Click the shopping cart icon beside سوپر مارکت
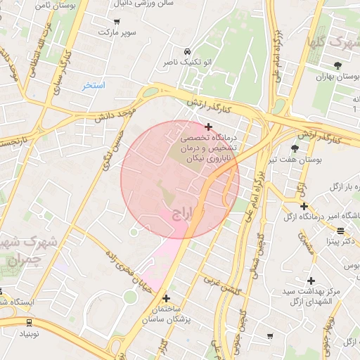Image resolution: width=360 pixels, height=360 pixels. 116,22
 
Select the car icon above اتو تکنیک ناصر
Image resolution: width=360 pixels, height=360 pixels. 187,52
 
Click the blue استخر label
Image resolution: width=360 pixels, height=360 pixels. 93,85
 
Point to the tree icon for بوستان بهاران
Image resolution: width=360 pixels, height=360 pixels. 337,64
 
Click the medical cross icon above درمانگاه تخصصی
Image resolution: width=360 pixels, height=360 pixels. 208,127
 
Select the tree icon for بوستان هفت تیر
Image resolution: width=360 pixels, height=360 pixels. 294,148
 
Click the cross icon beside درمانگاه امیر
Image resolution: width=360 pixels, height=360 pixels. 303,206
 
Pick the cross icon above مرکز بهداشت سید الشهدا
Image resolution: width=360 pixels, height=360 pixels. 310,281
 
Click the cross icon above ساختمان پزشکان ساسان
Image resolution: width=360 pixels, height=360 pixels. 166,298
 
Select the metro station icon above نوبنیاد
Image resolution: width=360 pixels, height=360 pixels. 29,323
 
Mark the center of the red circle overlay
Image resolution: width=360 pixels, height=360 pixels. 180,180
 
